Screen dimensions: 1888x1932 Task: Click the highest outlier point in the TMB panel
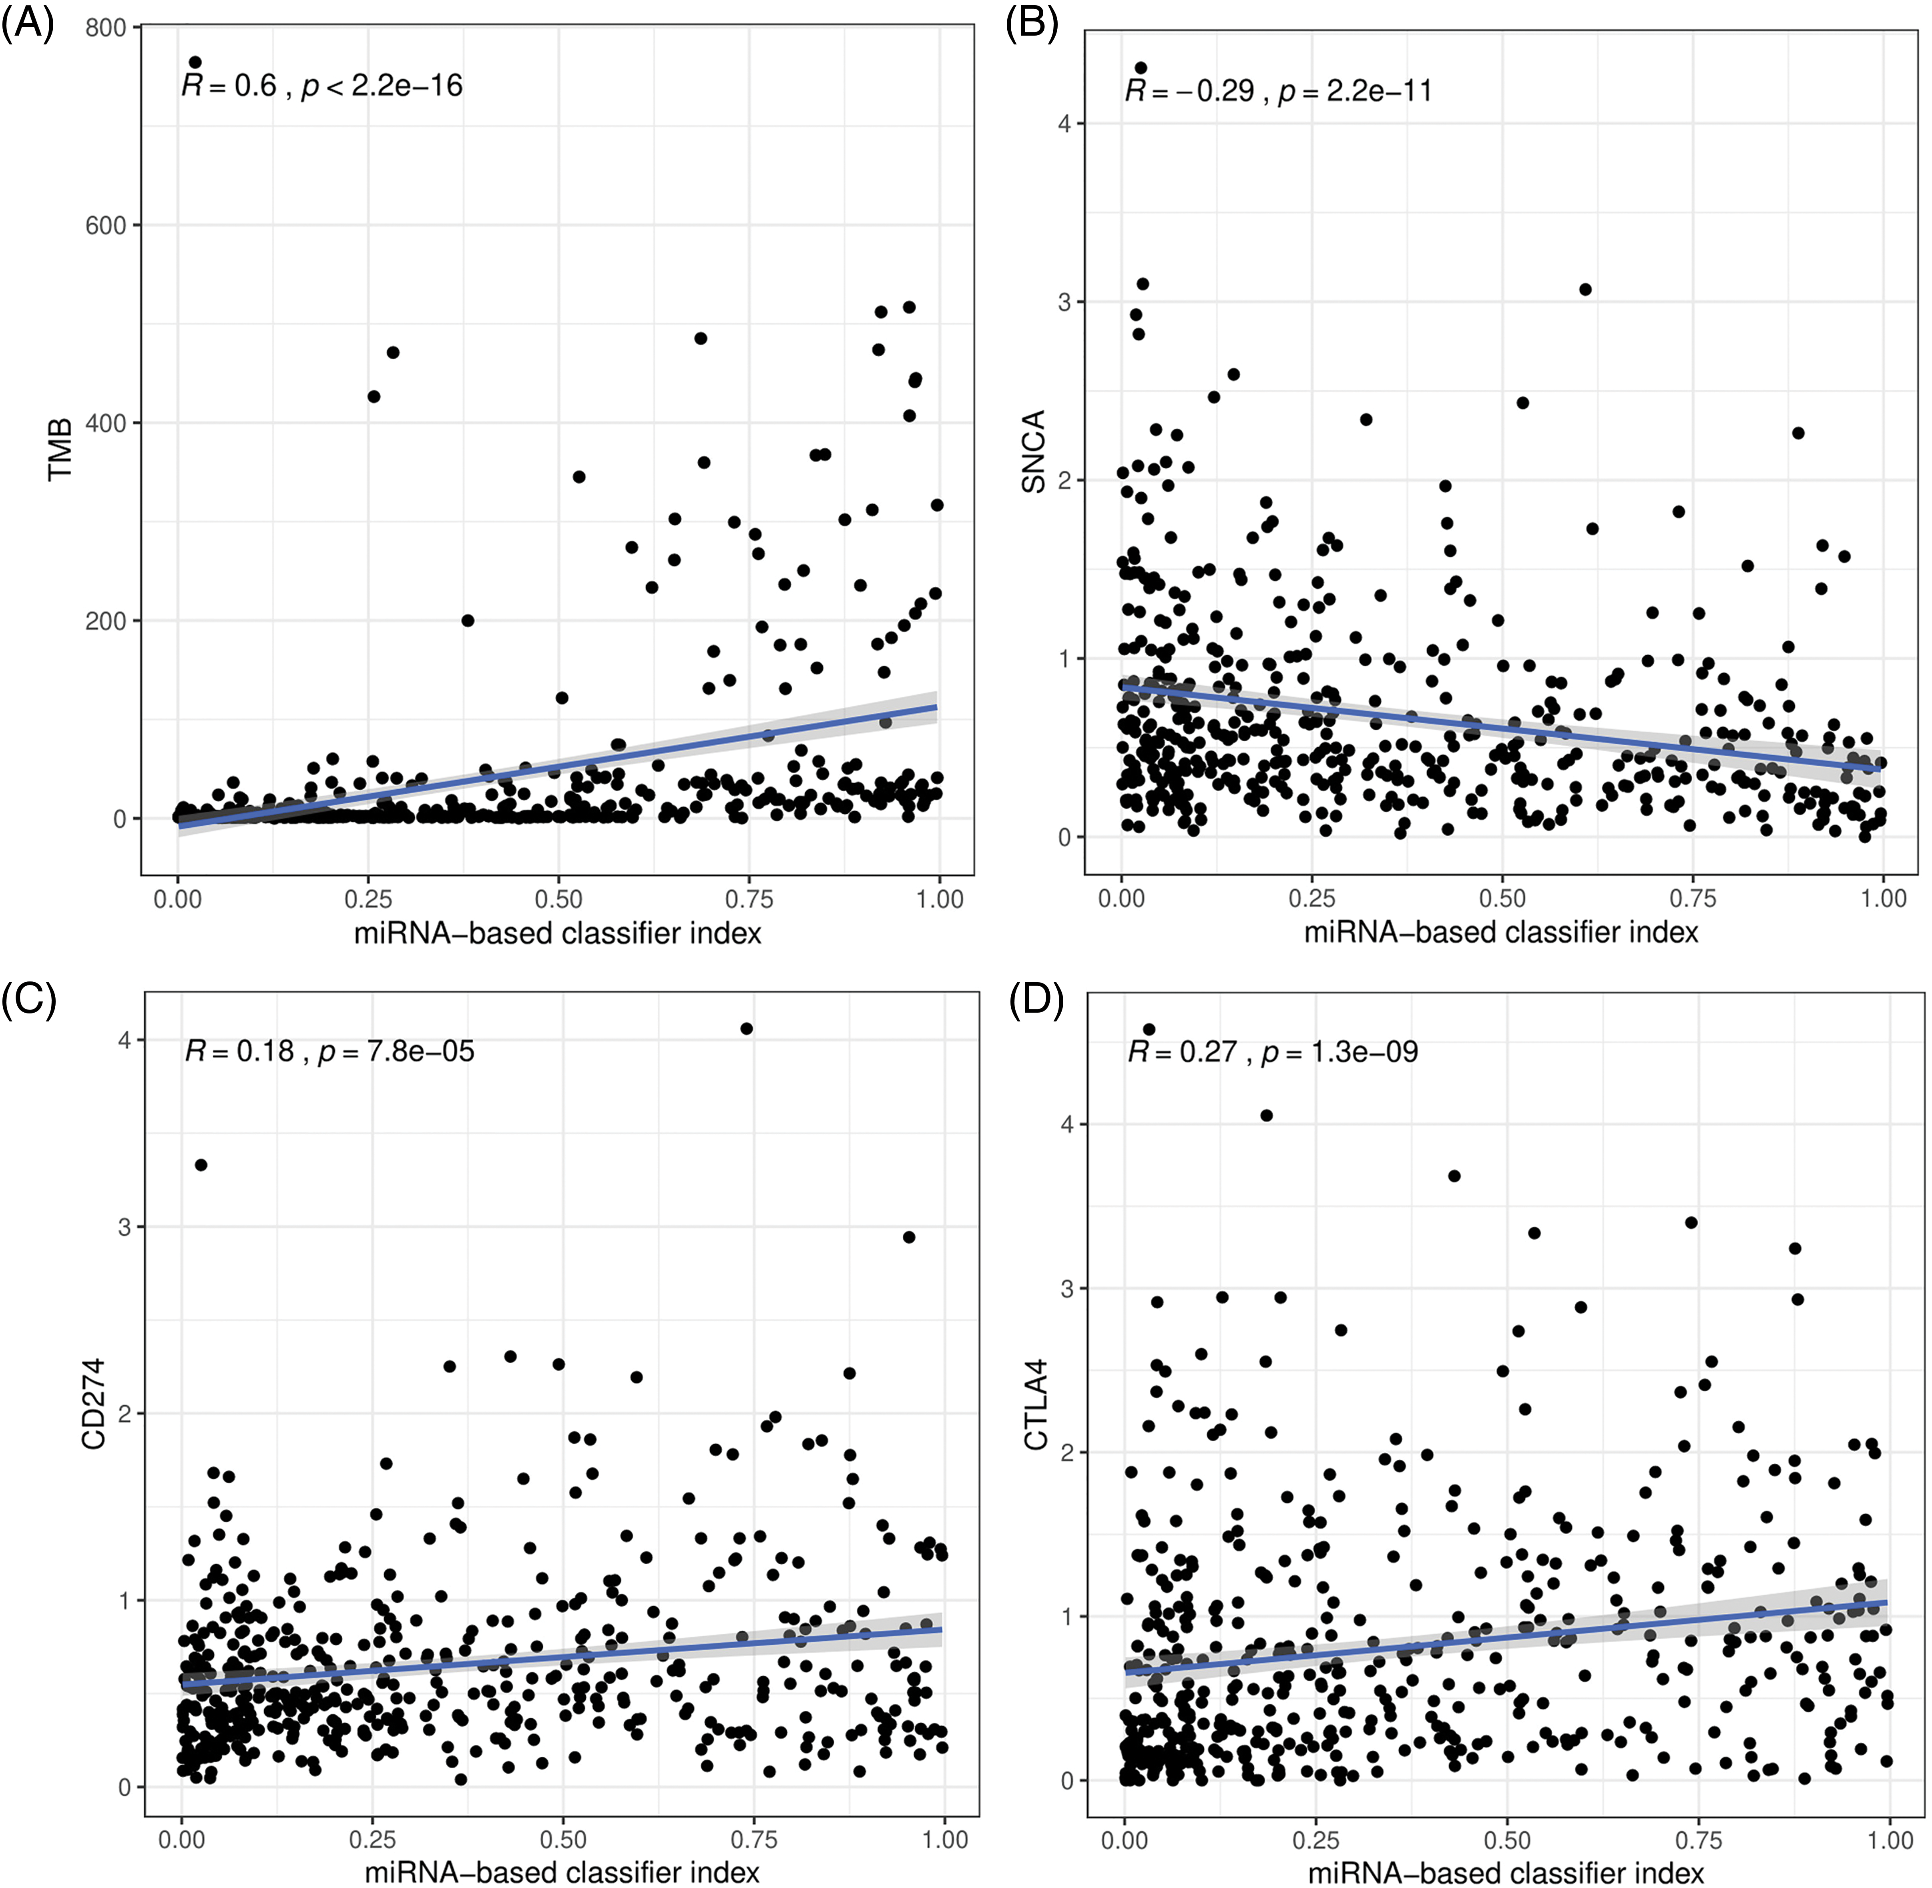click(x=195, y=62)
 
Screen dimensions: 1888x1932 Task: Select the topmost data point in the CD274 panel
click(x=747, y=1028)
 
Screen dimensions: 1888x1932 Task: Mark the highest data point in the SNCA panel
click(x=1141, y=67)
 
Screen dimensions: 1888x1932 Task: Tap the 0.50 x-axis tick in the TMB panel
click(x=558, y=899)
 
